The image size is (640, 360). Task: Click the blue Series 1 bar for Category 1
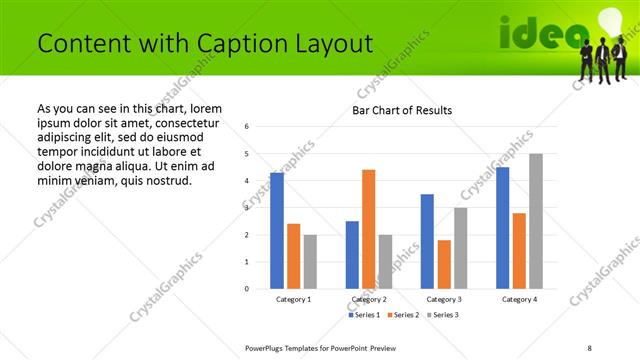[277, 231]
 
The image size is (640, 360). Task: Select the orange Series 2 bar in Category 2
[368, 229]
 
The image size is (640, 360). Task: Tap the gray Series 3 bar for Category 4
[536, 221]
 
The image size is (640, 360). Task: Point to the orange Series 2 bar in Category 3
[444, 264]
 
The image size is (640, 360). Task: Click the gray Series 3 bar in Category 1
[310, 262]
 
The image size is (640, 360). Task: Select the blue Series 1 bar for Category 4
[502, 228]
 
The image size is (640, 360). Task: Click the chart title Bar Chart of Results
[402, 110]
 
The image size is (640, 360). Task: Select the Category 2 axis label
[368, 299]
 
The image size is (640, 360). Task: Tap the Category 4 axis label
[519, 299]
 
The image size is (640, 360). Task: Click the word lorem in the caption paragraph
[202, 108]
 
